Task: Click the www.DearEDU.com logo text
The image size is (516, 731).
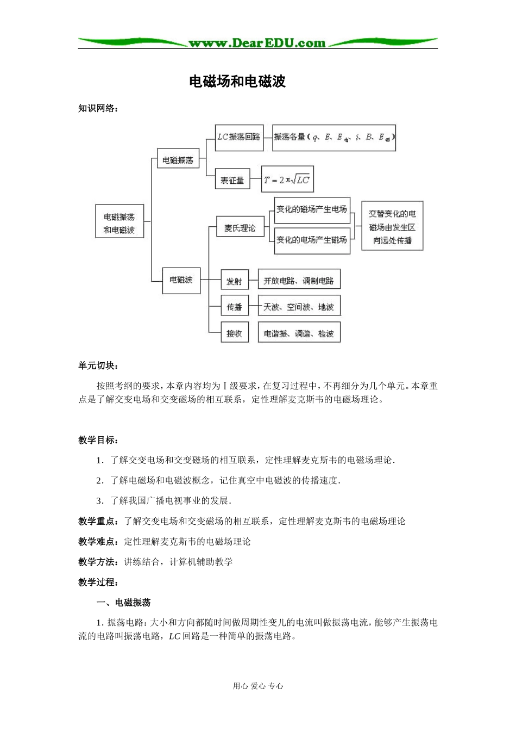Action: point(257,42)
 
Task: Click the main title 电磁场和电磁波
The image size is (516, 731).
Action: point(237,82)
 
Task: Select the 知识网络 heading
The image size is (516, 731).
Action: point(98,108)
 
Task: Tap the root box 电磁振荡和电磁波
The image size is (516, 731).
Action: point(119,223)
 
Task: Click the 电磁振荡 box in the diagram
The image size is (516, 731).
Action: point(178,159)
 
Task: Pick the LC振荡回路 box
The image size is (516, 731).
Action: point(239,137)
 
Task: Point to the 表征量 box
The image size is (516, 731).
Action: point(232,179)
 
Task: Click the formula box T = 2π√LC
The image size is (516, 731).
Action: point(287,179)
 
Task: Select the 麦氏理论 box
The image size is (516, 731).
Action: point(240,228)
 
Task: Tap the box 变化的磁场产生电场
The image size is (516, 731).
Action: point(312,209)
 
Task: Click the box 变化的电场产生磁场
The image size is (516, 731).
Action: point(312,239)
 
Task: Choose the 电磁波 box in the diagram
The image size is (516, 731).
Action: point(181,280)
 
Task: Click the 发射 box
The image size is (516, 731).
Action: point(235,281)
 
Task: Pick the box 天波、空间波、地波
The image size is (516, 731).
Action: point(299,307)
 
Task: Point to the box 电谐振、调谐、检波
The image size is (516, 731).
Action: point(299,333)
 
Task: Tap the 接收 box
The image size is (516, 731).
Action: point(235,333)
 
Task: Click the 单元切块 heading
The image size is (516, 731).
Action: point(98,365)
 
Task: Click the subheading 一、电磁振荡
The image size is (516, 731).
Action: point(123,603)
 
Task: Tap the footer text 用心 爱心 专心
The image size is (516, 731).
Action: point(258,686)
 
